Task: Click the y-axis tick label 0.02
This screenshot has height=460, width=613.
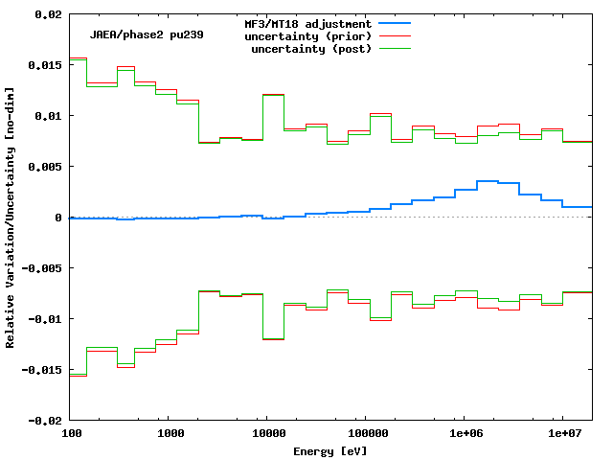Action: [49, 14]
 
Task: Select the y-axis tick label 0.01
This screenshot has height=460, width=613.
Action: [49, 116]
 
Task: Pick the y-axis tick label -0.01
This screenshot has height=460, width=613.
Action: [46, 319]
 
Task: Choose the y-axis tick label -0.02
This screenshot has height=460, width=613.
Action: [46, 421]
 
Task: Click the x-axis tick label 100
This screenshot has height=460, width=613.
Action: [71, 434]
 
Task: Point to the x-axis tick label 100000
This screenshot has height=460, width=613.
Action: [365, 434]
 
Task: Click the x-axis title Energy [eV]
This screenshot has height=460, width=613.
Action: [331, 449]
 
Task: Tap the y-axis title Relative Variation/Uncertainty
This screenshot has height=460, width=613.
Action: [11, 218]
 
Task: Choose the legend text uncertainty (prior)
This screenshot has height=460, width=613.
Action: [308, 35]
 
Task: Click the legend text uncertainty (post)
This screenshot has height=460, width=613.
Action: [311, 48]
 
